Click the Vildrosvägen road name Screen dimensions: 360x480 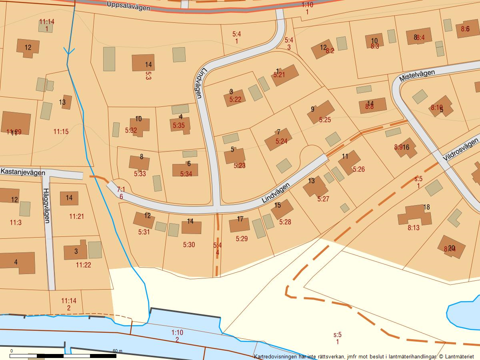pyautogui.click(x=461, y=150)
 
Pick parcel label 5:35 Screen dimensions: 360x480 pyautogui.click(x=179, y=125)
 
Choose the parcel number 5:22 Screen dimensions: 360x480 pyautogui.click(x=235, y=99)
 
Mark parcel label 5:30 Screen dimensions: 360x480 pyautogui.click(x=189, y=244)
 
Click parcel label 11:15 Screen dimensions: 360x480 pyautogui.click(x=61, y=131)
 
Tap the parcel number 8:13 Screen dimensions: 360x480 pyautogui.click(x=414, y=228)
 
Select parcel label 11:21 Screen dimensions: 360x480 pyautogui.click(x=76, y=216)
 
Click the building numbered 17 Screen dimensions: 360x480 pyautogui.click(x=239, y=224)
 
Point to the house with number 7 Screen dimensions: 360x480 pyautogui.click(x=278, y=139)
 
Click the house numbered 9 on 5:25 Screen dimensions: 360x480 pyautogui.click(x=320, y=112)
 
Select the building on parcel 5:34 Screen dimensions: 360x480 pyautogui.click(x=185, y=170)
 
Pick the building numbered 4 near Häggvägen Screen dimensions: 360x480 pyautogui.click(x=17, y=262)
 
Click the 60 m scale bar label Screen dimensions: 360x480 pyautogui.click(x=117, y=351)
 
